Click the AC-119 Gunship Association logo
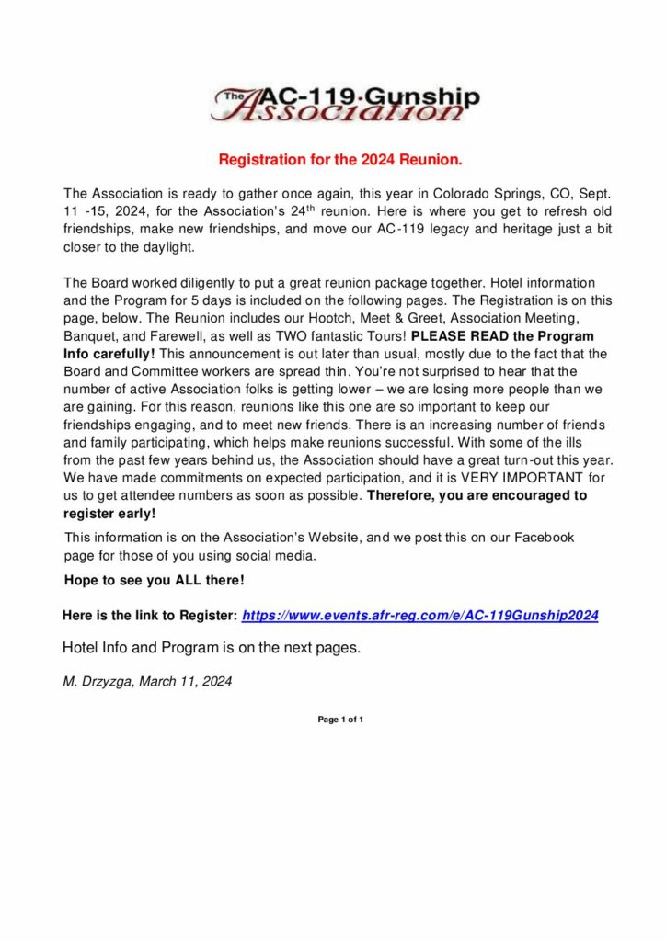pyautogui.click(x=345, y=105)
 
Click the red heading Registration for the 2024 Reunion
pyautogui.click(x=339, y=160)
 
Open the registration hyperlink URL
pyautogui.click(x=419, y=615)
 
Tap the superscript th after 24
pyautogui.click(x=304, y=208)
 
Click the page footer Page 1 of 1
pyautogui.click(x=340, y=720)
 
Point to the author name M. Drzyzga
pyautogui.click(x=97, y=682)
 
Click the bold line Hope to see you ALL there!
pyautogui.click(x=155, y=581)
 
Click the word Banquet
pyautogui.click(x=90, y=335)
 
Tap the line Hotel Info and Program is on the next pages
pyautogui.click(x=212, y=648)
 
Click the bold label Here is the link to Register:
pyautogui.click(x=150, y=615)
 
